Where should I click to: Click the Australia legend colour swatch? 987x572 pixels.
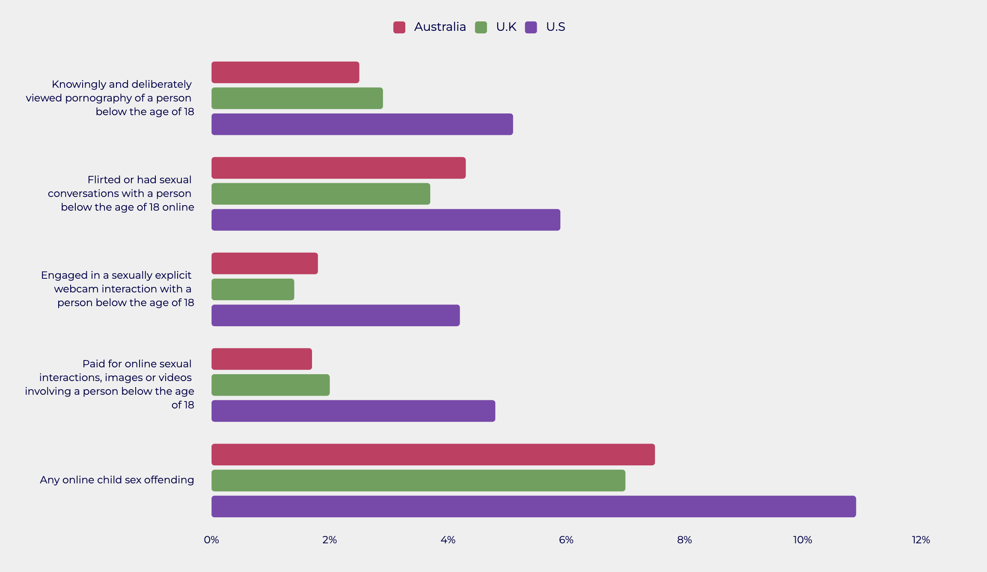pyautogui.click(x=399, y=27)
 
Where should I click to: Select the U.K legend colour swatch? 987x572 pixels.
pyautogui.click(x=481, y=27)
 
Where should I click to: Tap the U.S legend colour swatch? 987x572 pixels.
pyautogui.click(x=531, y=27)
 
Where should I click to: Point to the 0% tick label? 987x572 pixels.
pyautogui.click(x=211, y=540)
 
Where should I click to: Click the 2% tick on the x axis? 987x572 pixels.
pyautogui.click(x=330, y=540)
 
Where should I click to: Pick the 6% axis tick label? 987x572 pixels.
pyautogui.click(x=566, y=540)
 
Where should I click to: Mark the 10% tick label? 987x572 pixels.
pyautogui.click(x=803, y=540)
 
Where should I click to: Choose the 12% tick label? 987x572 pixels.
pyautogui.click(x=921, y=540)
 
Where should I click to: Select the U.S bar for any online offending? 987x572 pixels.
pyautogui.click(x=533, y=506)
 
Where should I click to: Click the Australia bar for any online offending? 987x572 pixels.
pyautogui.click(x=433, y=454)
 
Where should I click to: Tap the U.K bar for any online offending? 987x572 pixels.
pyautogui.click(x=418, y=480)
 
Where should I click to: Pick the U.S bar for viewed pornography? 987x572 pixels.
pyautogui.click(x=362, y=124)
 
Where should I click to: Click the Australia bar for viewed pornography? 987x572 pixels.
pyautogui.click(x=285, y=72)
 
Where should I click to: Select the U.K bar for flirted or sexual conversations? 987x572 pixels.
pyautogui.click(x=321, y=194)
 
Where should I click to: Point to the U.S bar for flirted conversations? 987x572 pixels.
pyautogui.click(x=386, y=220)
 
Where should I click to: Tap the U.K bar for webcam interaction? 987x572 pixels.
pyautogui.click(x=253, y=289)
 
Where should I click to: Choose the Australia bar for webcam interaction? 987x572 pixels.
pyautogui.click(x=265, y=263)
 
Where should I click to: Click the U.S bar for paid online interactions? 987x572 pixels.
pyautogui.click(x=353, y=411)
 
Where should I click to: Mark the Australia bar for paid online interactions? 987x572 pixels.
pyautogui.click(x=262, y=359)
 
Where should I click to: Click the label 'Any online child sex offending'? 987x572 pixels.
pyautogui.click(x=117, y=480)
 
